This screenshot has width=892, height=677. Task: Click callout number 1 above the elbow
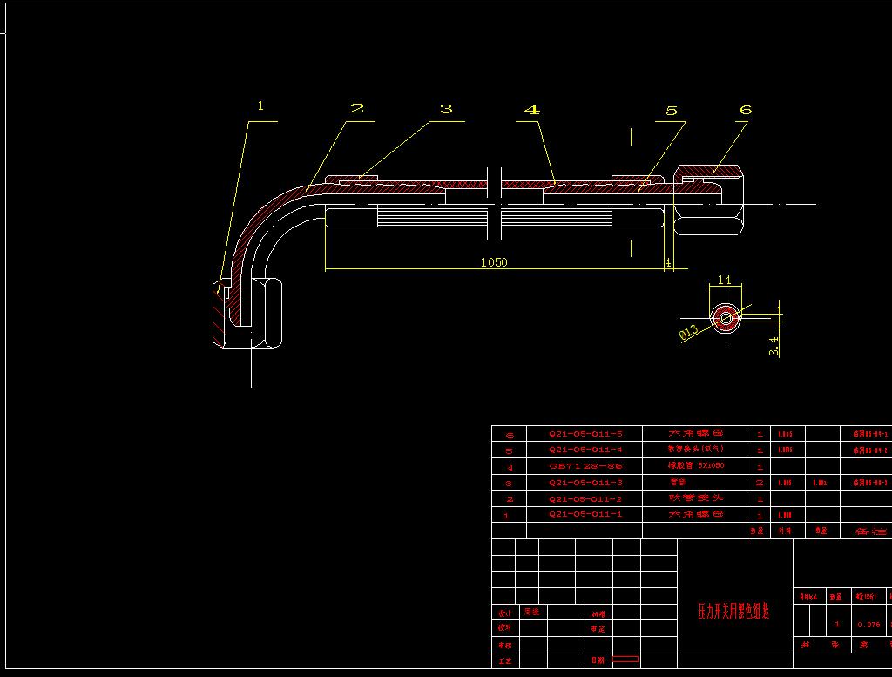click(x=260, y=106)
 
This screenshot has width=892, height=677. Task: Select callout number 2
click(x=356, y=108)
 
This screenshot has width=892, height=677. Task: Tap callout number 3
click(x=446, y=109)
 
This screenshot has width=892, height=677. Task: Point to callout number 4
click(x=531, y=110)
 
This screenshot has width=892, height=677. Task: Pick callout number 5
click(x=671, y=111)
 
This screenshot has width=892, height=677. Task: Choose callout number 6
click(x=745, y=110)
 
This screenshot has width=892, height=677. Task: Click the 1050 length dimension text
click(x=493, y=262)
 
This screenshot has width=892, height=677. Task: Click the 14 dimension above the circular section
click(x=724, y=281)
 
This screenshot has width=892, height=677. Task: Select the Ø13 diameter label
click(x=688, y=331)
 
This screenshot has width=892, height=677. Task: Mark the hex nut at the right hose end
click(x=710, y=200)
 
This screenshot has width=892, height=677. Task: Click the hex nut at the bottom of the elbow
click(x=247, y=314)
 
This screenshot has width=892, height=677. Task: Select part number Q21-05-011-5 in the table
click(x=585, y=434)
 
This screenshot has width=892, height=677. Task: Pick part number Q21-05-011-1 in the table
click(x=585, y=515)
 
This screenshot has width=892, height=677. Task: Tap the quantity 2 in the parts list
click(x=760, y=483)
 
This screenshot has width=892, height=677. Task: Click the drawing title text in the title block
click(x=733, y=611)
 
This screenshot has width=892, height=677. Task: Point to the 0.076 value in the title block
click(x=868, y=624)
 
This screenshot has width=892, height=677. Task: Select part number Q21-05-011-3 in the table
click(x=585, y=483)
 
